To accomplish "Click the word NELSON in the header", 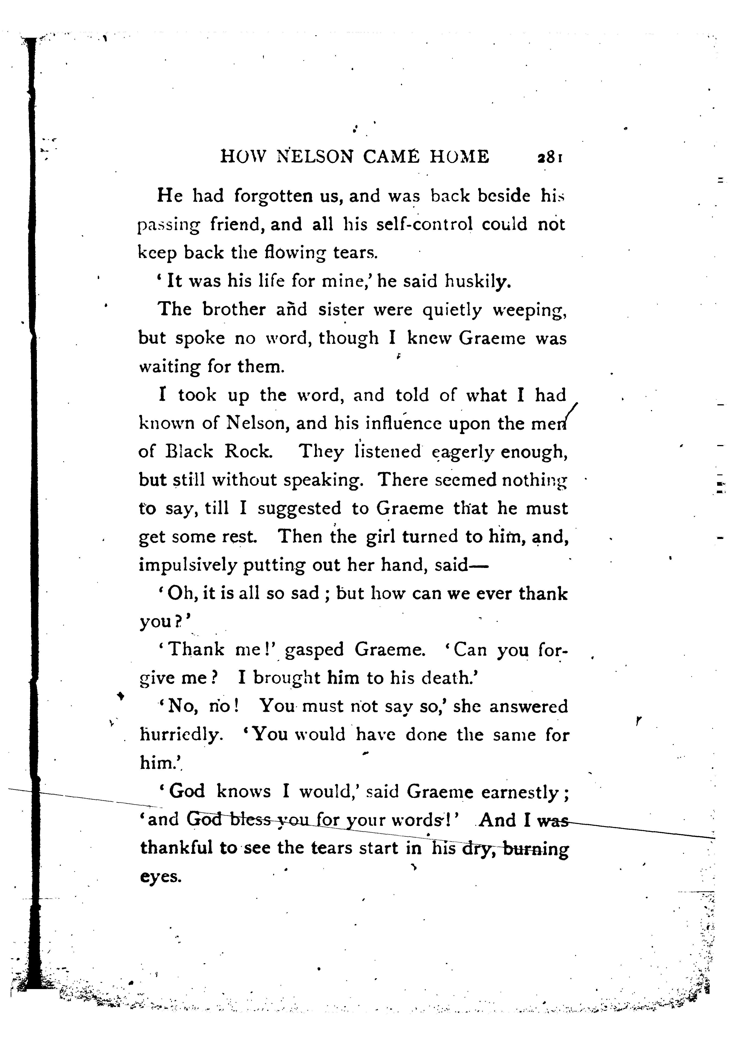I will click(x=315, y=157).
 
